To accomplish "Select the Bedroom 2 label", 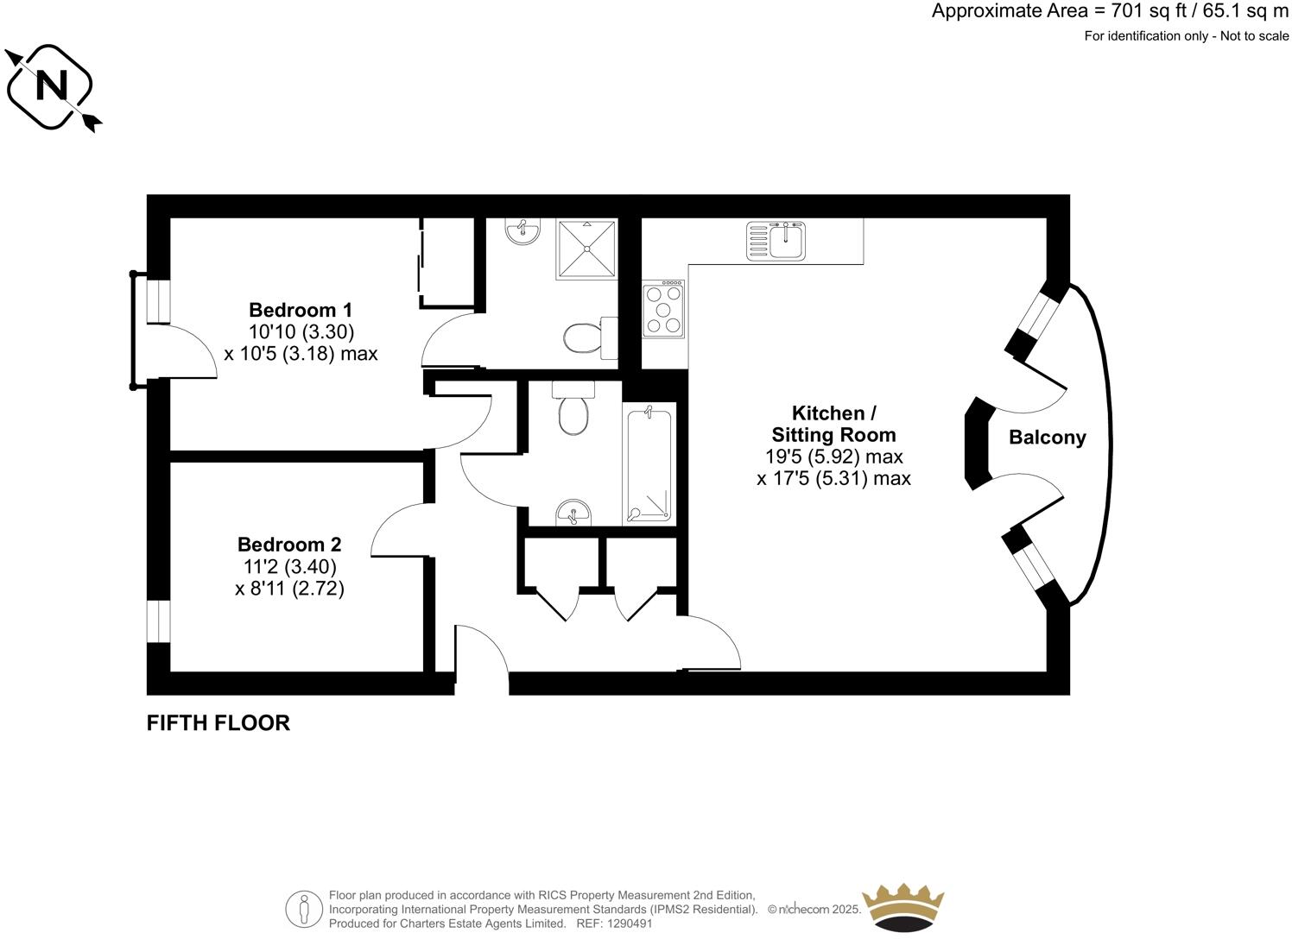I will (289, 545).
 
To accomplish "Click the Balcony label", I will (1047, 438).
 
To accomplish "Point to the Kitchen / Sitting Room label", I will (833, 424).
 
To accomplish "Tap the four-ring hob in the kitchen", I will (663, 309).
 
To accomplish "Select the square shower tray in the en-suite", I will (587, 249).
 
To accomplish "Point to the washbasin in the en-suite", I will (522, 230).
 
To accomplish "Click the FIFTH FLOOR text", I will (218, 723).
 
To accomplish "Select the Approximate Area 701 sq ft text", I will (1110, 12).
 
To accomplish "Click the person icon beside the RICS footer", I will (303, 909).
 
